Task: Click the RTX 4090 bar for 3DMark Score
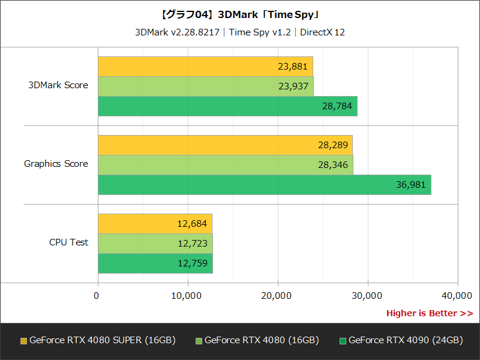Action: click(x=227, y=106)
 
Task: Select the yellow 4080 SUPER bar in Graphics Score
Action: click(x=225, y=145)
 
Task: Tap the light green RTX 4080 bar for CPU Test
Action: click(x=155, y=244)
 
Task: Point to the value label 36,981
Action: click(x=410, y=185)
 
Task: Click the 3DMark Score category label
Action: click(x=58, y=85)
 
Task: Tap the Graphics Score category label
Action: click(x=56, y=164)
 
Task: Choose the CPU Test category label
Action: click(x=68, y=242)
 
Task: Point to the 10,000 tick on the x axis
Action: click(x=187, y=295)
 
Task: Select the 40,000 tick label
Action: click(x=457, y=295)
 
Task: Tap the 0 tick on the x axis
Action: click(x=97, y=295)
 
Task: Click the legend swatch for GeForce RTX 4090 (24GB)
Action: click(x=343, y=341)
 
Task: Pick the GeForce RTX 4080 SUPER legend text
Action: click(x=102, y=340)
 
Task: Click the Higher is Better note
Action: click(x=429, y=313)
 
